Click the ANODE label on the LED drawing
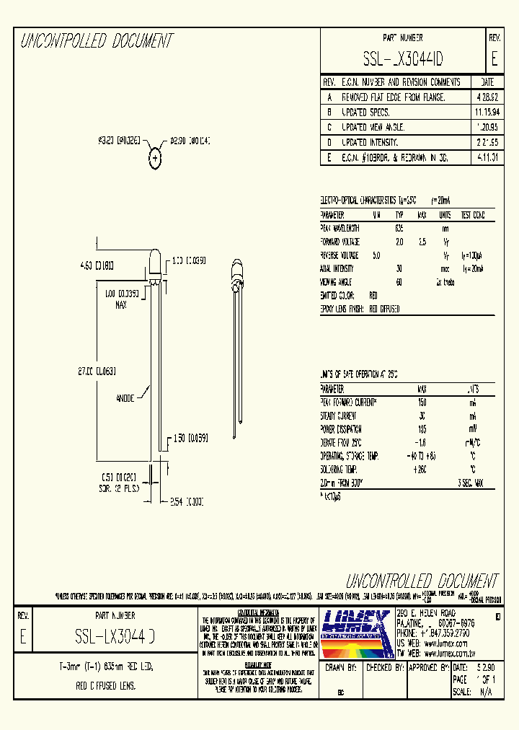click(x=126, y=398)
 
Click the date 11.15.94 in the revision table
click(x=487, y=113)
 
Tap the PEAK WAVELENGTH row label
click(x=340, y=228)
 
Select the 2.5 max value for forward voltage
click(x=422, y=242)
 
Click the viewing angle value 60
click(x=399, y=282)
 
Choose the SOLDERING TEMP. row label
click(x=344, y=469)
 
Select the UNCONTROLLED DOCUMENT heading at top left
click(x=97, y=42)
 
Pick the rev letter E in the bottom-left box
click(x=23, y=638)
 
